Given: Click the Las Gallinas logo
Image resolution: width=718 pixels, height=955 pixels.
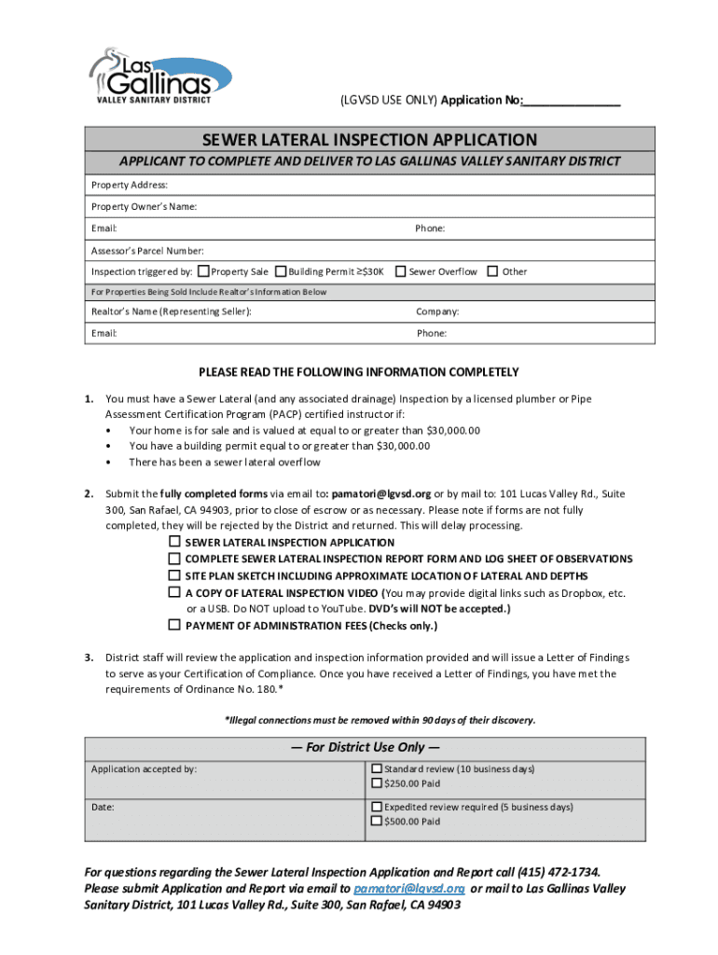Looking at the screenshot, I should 159,74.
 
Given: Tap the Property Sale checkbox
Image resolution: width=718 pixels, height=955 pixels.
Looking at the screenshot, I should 204,271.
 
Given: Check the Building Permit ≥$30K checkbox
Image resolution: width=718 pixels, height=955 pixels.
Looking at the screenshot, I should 280,271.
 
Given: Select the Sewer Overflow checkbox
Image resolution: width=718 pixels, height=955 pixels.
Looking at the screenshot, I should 400,271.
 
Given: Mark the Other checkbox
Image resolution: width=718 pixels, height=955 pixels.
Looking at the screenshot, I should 492,271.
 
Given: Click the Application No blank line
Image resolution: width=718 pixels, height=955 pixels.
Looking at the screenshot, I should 572,101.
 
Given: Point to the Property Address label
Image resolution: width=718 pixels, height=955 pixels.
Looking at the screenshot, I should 130,185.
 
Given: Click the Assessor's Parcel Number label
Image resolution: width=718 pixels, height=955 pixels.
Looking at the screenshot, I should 147,250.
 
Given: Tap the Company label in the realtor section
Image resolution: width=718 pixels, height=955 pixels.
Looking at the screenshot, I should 437,311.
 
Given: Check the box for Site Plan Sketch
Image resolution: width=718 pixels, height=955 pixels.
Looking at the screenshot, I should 173,575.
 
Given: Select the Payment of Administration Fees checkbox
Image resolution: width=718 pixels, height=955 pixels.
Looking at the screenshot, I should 173,625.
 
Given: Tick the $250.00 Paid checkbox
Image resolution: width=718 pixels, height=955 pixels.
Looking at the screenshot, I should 377,783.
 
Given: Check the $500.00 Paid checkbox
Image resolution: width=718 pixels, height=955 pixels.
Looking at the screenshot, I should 377,822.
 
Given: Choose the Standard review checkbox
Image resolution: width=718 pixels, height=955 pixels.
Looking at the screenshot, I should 377,768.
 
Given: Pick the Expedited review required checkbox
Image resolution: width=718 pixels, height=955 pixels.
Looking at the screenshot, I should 377,807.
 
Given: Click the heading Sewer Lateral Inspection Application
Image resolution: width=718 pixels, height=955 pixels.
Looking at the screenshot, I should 370,140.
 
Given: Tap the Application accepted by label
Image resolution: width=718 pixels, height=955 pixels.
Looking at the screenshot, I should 144,769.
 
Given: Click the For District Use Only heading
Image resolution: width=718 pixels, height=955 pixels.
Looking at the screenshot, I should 365,747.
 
